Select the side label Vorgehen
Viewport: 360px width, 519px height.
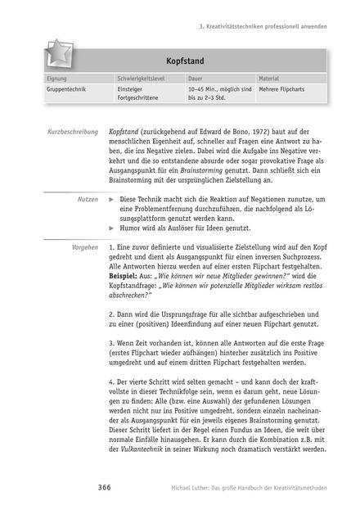coord(83,246)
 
